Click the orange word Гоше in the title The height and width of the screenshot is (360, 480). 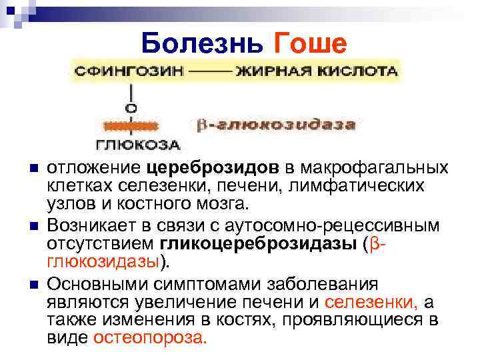point(311,44)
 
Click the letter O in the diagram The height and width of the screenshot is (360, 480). point(132,107)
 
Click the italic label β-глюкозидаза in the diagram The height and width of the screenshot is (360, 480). point(275,125)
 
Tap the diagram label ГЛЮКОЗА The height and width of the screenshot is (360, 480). point(137,145)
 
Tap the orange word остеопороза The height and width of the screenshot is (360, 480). point(150,337)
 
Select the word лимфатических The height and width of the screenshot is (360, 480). point(367,185)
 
